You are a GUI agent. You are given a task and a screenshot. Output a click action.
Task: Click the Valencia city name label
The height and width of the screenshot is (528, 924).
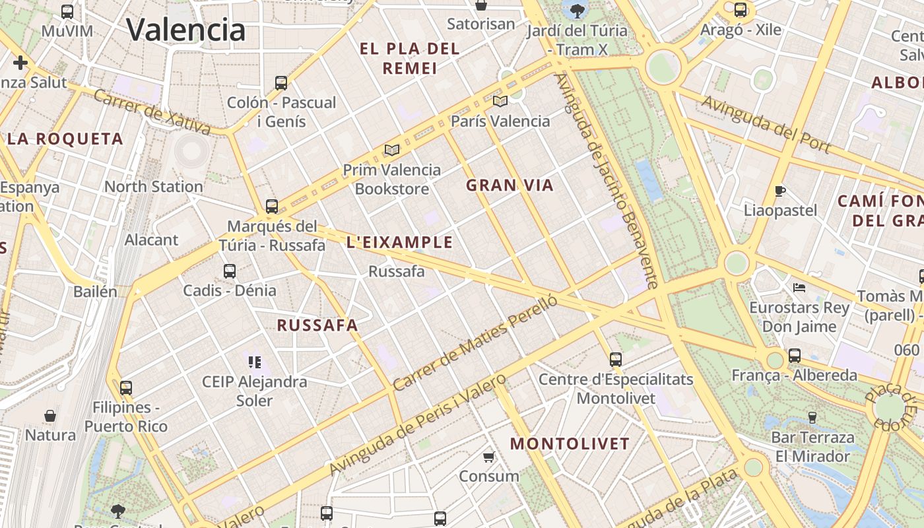coord(185,30)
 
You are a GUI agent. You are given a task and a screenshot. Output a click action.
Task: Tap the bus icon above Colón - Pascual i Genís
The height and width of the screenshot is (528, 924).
coord(281,83)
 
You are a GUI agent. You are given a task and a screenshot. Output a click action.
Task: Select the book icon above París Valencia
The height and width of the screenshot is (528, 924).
coord(500,101)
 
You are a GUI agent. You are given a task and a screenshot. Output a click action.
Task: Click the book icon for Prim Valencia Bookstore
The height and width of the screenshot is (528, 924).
coord(392,150)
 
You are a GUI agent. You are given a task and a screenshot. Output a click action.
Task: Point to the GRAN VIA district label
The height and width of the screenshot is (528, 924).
coord(510,185)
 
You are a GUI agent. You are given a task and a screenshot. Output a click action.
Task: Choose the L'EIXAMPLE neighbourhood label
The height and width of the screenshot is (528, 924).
coord(399,242)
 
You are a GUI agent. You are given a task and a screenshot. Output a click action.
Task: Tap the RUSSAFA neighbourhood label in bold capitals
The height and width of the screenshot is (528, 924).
coord(317,325)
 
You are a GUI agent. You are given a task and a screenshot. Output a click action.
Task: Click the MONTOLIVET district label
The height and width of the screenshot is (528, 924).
coord(570,444)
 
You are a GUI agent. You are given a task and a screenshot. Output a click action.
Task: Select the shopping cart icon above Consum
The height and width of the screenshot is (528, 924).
coord(489,457)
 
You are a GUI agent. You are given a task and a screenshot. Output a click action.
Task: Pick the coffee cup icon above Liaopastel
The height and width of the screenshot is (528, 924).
coord(780,191)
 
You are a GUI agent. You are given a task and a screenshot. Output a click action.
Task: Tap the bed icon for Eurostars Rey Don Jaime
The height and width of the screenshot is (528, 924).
coord(799,288)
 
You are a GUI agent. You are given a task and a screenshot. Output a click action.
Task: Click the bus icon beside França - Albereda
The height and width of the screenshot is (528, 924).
coord(795,356)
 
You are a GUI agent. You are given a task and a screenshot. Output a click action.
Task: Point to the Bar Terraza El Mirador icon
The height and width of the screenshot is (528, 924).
coord(812,417)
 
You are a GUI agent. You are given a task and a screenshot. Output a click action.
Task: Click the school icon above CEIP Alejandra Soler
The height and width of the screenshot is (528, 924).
coord(255,362)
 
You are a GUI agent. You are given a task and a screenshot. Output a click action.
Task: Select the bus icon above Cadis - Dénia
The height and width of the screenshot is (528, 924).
coord(230,271)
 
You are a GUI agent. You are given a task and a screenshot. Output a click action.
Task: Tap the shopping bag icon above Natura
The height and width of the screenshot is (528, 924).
coord(50,416)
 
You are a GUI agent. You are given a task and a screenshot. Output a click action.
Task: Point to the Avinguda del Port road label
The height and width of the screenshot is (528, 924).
coord(765,124)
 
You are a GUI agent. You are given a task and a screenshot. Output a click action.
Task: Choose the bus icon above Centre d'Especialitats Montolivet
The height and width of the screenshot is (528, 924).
coord(616,360)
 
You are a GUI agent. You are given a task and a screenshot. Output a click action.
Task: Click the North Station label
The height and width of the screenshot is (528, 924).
coord(154,187)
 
